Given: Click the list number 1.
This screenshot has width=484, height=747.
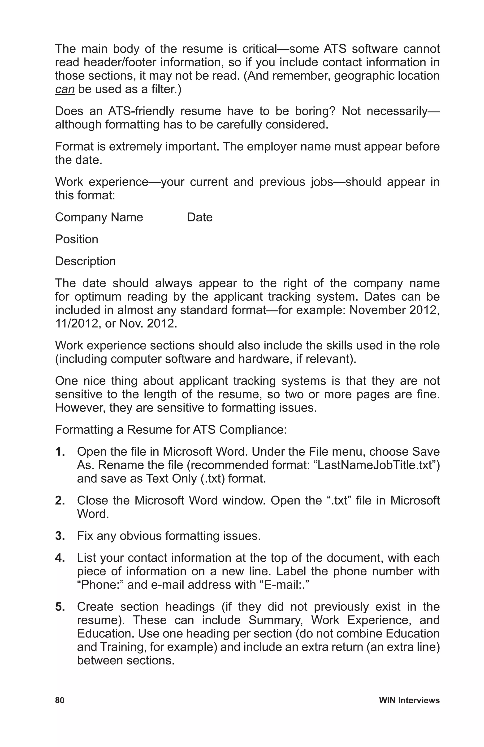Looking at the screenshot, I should coord(60,452).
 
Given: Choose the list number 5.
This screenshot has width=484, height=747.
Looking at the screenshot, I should coord(60,607).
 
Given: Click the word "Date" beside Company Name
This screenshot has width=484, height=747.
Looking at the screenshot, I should coord(199,217).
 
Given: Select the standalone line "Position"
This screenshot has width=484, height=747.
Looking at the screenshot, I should coord(76,239).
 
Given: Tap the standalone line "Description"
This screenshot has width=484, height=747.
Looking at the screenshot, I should coord(85,261).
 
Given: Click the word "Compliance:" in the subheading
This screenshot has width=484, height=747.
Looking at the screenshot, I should coord(253,430).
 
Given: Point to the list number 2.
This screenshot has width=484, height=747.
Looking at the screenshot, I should coord(60,501).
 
